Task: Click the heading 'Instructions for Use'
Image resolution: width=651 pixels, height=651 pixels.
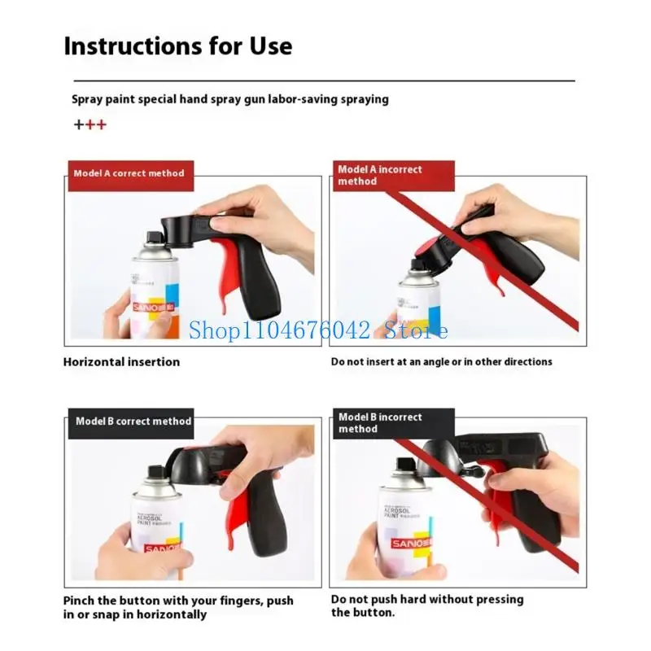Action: (x=177, y=46)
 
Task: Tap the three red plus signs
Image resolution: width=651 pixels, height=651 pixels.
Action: (x=90, y=125)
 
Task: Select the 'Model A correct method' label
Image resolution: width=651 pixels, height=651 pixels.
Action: (x=129, y=173)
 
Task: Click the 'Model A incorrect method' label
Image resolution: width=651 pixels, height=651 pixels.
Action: (x=380, y=175)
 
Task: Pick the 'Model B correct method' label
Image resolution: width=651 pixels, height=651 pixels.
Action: (x=133, y=422)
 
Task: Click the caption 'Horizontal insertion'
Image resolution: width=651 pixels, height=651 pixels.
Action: (x=121, y=361)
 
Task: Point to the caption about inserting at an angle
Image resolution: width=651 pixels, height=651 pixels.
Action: (x=441, y=361)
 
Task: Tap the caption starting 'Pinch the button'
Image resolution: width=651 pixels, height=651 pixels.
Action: (x=178, y=607)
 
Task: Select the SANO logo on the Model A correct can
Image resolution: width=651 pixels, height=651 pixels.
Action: (x=148, y=308)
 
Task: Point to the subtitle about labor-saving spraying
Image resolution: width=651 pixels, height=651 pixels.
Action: (x=230, y=99)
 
